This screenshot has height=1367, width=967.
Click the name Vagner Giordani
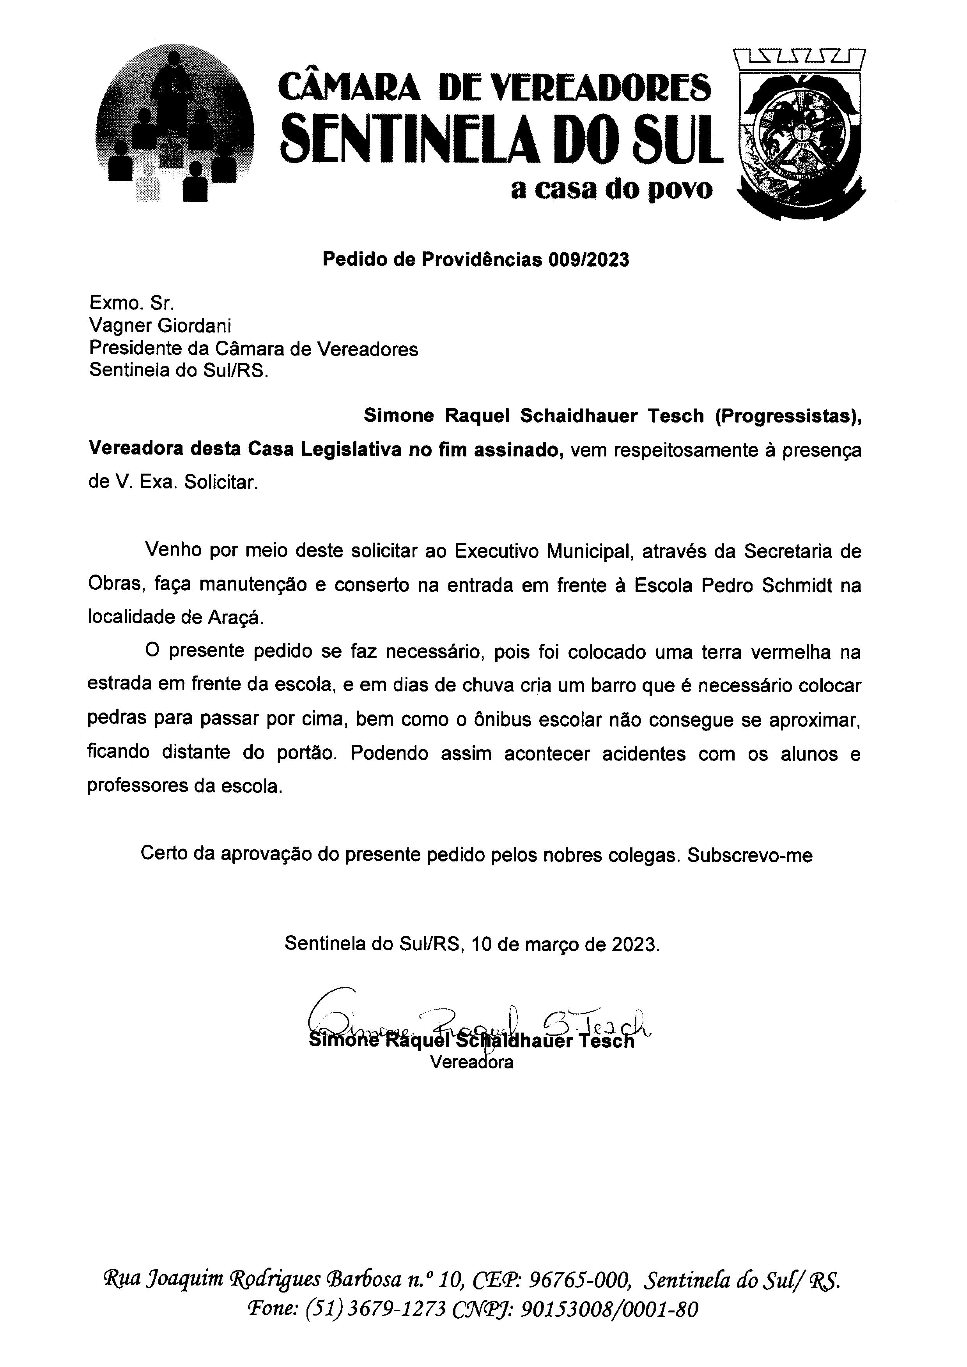click(x=160, y=326)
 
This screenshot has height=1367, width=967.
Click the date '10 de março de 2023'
click(x=565, y=945)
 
